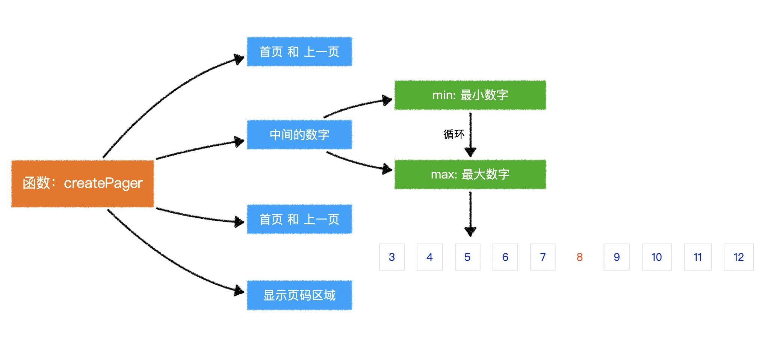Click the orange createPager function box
coord(82,183)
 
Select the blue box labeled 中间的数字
coord(299,135)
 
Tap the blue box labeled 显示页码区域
coord(299,295)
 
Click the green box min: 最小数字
coord(470,95)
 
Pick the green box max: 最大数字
coord(470,174)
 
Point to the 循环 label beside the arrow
coord(454,134)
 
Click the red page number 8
coord(579,257)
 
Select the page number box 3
coord(392,257)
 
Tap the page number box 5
coord(467,257)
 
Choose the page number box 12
coord(739,257)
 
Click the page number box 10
coord(657,257)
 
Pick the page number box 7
coord(543,257)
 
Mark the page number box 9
coord(617,257)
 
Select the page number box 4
coord(429,257)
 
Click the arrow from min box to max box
coord(470,135)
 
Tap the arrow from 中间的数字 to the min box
coord(357,105)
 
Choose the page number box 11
coord(698,257)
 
